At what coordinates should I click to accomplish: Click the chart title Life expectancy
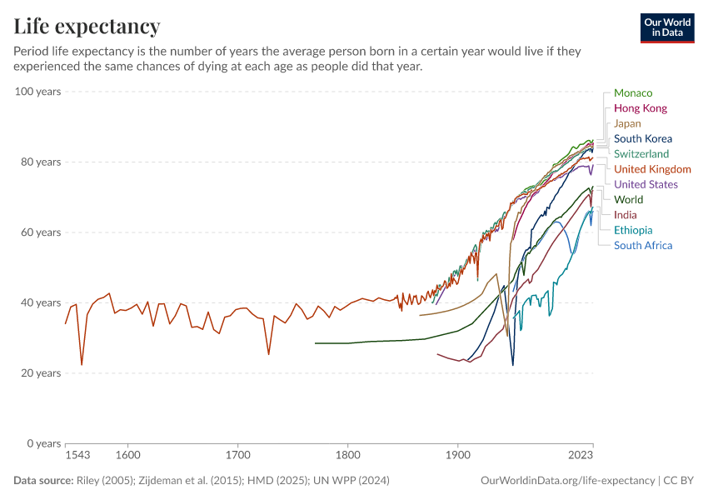(87, 27)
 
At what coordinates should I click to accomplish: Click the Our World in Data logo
(667, 27)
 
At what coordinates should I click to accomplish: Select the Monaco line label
(633, 93)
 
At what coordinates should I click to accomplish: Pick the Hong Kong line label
(640, 108)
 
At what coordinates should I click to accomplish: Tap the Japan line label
(627, 123)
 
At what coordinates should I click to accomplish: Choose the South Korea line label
(642, 139)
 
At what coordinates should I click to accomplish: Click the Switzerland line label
(641, 154)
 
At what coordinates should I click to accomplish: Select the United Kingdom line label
(652, 169)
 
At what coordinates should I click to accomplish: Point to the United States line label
(646, 184)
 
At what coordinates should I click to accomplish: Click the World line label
(628, 200)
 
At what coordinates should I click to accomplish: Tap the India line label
(625, 215)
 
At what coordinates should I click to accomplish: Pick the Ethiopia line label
(633, 230)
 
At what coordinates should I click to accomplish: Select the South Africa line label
(642, 245)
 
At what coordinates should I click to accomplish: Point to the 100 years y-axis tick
(38, 92)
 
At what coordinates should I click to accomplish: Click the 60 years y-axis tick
(41, 232)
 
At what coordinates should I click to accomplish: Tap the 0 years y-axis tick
(44, 443)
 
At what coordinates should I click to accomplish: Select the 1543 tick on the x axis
(77, 456)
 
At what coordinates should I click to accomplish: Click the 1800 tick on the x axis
(348, 456)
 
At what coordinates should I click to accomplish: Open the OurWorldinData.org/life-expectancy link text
(567, 481)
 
